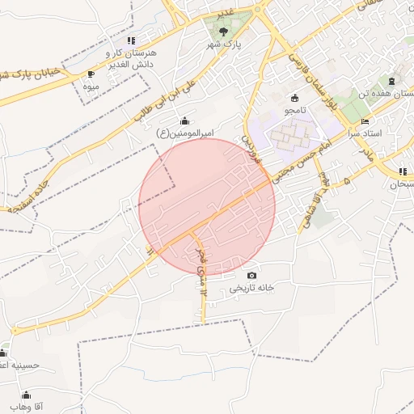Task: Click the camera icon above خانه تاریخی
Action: click(x=251, y=276)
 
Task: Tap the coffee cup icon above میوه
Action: click(x=91, y=74)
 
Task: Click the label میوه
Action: click(x=91, y=85)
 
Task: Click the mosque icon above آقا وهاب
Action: click(x=26, y=395)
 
